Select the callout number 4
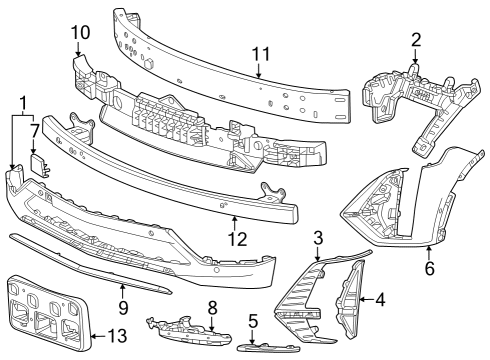(380, 298)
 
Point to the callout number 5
(254, 322)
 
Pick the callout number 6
(430, 268)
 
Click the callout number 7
(34, 129)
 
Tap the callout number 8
(212, 306)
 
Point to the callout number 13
(117, 336)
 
